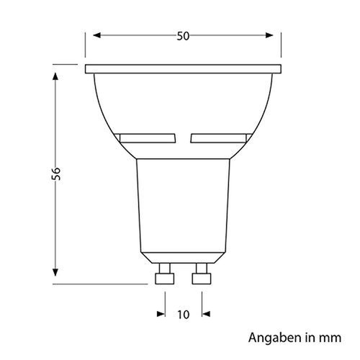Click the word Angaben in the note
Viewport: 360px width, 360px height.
(x=269, y=337)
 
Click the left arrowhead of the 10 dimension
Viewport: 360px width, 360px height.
(x=160, y=313)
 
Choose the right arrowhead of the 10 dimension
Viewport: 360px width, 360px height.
(x=205, y=313)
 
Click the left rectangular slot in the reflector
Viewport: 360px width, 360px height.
(x=148, y=137)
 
